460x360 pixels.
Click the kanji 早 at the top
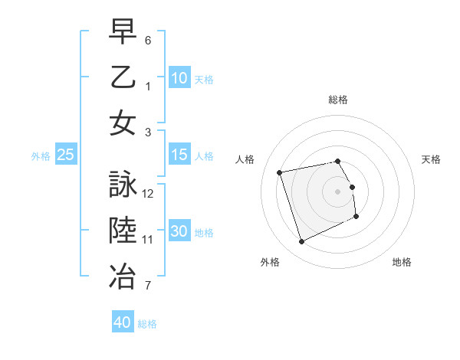click(123, 32)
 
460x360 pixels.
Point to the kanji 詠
click(123, 185)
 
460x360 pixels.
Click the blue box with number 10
click(179, 78)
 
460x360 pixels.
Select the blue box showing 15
click(179, 155)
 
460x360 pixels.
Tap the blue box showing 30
click(179, 231)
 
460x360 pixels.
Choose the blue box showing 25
click(66, 155)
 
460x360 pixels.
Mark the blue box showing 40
click(123, 322)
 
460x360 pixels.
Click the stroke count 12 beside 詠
click(148, 194)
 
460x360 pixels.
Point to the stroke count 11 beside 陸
click(148, 240)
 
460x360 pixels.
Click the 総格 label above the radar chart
click(338, 100)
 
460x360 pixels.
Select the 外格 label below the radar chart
click(270, 262)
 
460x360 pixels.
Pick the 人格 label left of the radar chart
click(245, 159)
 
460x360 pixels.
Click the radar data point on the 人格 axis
click(280, 172)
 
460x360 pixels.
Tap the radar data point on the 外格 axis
click(301, 242)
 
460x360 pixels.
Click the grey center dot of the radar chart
click(338, 191)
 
